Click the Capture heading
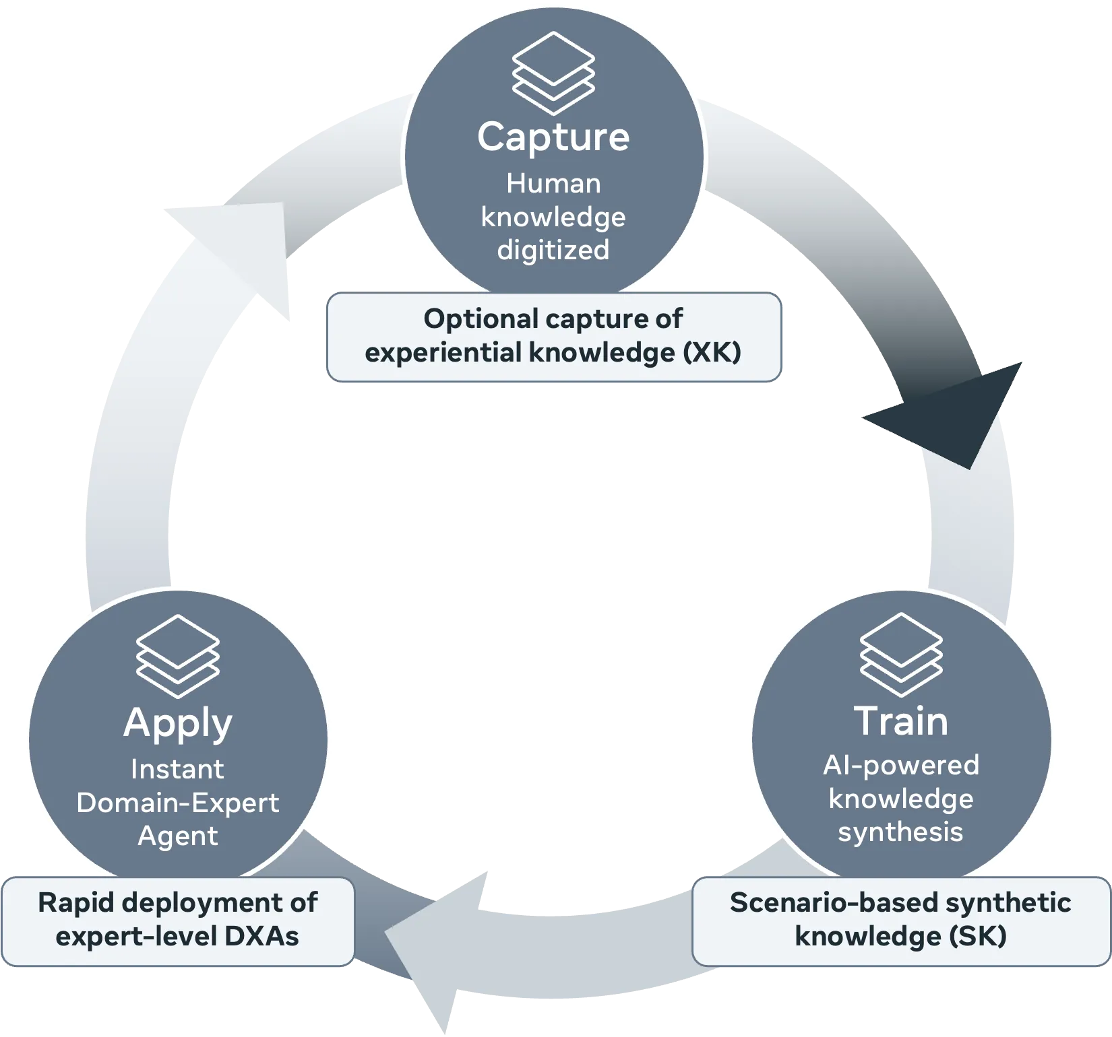(553, 138)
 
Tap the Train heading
(901, 721)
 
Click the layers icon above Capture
(553, 73)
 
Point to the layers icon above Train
(901, 655)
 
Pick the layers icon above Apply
(178, 656)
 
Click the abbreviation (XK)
(712, 352)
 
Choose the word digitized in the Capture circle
(553, 250)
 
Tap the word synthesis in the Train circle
(900, 833)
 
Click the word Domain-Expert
(178, 803)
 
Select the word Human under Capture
(553, 183)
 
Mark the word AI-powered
(901, 766)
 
